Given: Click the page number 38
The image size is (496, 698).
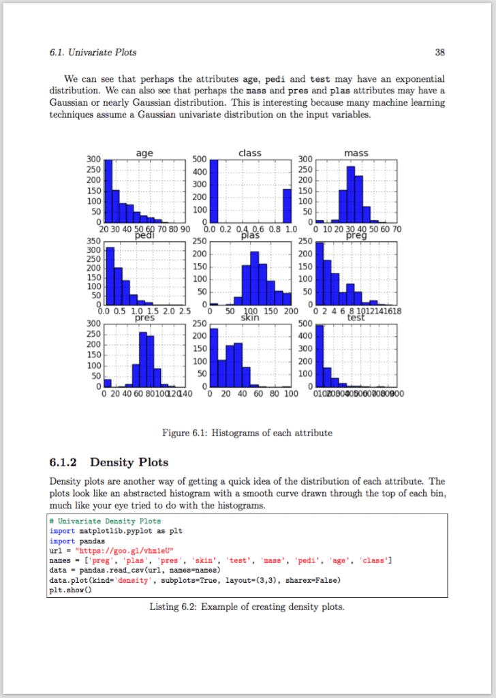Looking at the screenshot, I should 439,52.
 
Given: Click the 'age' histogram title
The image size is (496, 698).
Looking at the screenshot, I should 144,153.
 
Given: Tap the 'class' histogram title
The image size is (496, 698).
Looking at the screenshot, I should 250,153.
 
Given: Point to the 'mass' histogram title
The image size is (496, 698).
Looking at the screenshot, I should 356,153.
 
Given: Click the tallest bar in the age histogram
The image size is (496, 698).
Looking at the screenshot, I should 108,191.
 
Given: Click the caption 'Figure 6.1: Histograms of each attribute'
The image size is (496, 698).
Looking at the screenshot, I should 247,433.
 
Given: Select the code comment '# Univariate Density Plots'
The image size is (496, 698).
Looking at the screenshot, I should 105,521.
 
